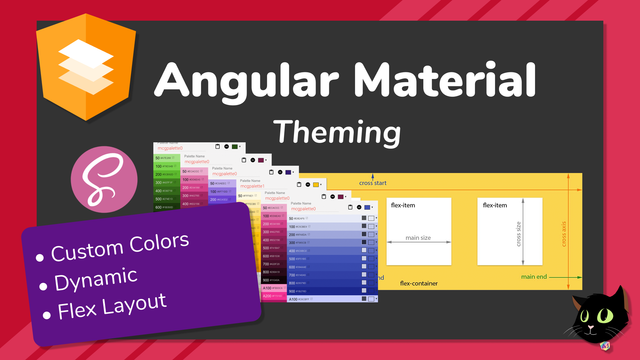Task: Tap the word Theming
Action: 337,132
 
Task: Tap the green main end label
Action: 534,277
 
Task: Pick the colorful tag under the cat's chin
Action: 604,346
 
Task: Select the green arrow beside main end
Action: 558,277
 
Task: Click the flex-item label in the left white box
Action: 405,205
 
